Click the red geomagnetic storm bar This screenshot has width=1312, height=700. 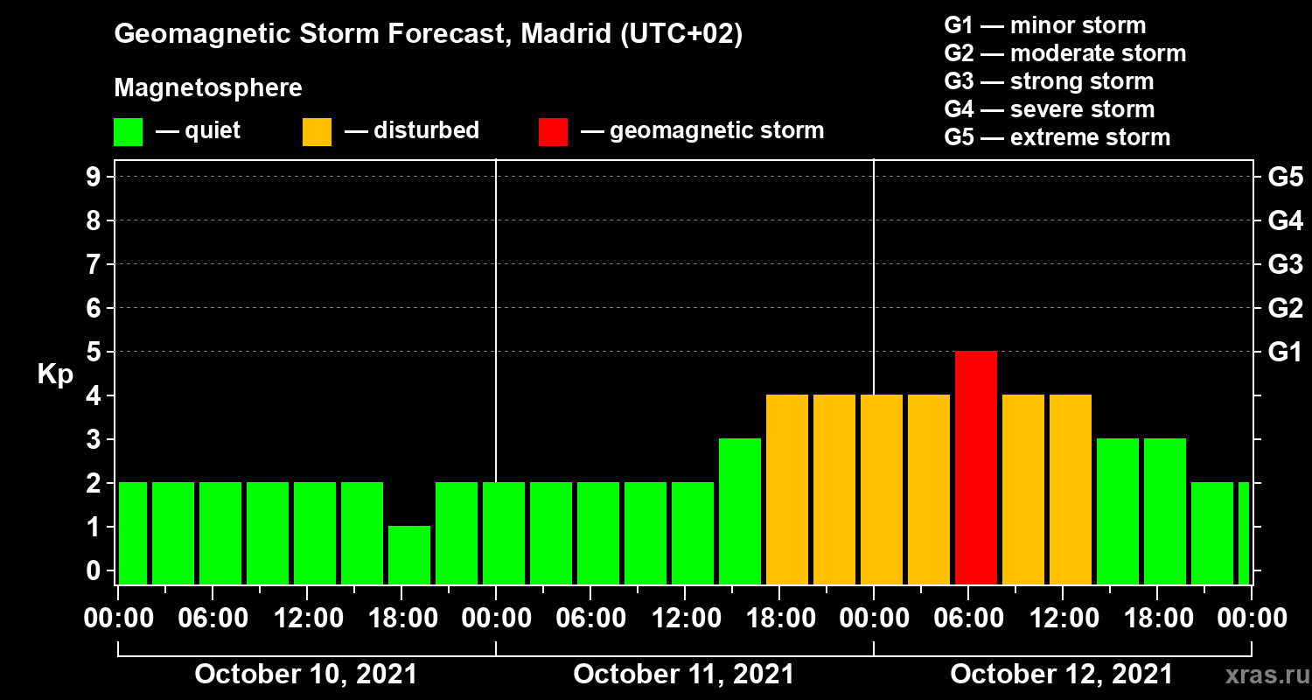pos(975,467)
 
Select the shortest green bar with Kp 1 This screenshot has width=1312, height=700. pos(409,555)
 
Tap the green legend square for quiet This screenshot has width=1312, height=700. pos(128,132)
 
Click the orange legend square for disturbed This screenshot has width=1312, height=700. pos(317,132)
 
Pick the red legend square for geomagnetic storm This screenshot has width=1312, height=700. pos(553,132)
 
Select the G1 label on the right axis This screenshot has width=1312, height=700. pos(1284,353)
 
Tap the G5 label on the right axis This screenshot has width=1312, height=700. pos(1284,178)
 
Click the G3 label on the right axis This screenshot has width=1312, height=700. pos(1284,265)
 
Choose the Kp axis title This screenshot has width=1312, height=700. pos(55,374)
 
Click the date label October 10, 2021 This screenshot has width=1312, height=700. pos(305,675)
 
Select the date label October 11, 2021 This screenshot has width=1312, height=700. pos(683,675)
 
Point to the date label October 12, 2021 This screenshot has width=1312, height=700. pos(1061,675)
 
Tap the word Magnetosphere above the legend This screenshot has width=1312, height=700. pos(208,88)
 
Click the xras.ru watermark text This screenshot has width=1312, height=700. pos(1260,675)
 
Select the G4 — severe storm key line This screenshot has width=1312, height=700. pos(1050,109)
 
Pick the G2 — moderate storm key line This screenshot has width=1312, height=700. pos(1065,53)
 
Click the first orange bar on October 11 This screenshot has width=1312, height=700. pos(786,489)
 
